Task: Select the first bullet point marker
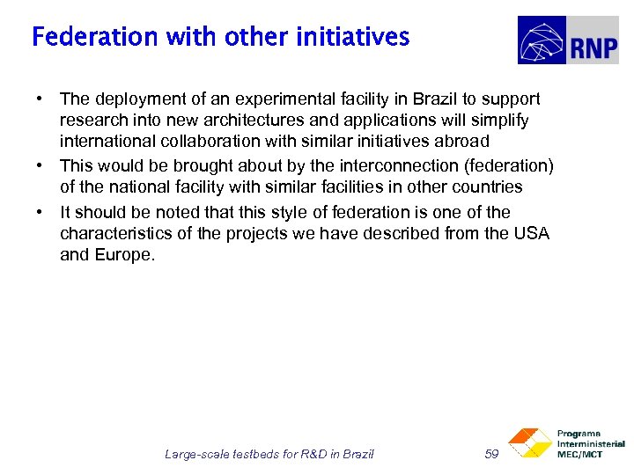pos(41,99)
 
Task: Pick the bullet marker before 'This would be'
pos(41,166)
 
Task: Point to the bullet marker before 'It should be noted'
pos(41,212)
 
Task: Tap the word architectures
pos(247,121)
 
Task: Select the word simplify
pos(497,121)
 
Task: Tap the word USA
pos(532,233)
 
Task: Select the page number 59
pos(491,454)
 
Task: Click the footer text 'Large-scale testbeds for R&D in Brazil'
pos(269,454)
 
